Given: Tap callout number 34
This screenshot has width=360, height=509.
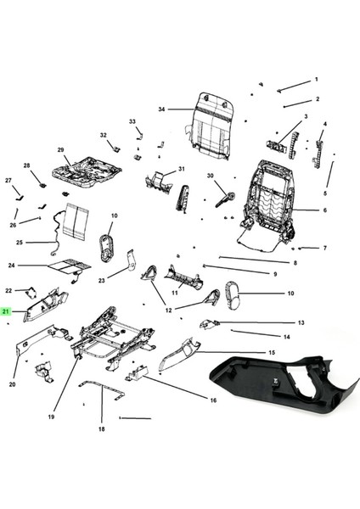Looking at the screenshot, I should [x=160, y=109].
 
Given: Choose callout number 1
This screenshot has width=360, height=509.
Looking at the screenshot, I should [x=316, y=80].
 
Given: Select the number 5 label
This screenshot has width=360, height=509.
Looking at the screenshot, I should [x=324, y=193].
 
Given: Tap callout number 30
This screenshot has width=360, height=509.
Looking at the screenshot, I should [x=210, y=176].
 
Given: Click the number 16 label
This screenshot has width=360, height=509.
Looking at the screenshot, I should [x=213, y=400].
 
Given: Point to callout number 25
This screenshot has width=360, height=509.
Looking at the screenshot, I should [x=19, y=243].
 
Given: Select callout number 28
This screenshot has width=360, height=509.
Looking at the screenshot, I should [x=26, y=165].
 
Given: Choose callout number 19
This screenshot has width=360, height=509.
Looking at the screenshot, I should [x=51, y=417].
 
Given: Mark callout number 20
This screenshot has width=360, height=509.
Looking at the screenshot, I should [x=13, y=384].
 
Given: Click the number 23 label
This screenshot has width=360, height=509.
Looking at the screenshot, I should [x=101, y=280].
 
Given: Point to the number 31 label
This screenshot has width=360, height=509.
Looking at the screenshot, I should [x=181, y=170].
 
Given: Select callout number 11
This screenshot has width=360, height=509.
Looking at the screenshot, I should [x=175, y=293].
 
